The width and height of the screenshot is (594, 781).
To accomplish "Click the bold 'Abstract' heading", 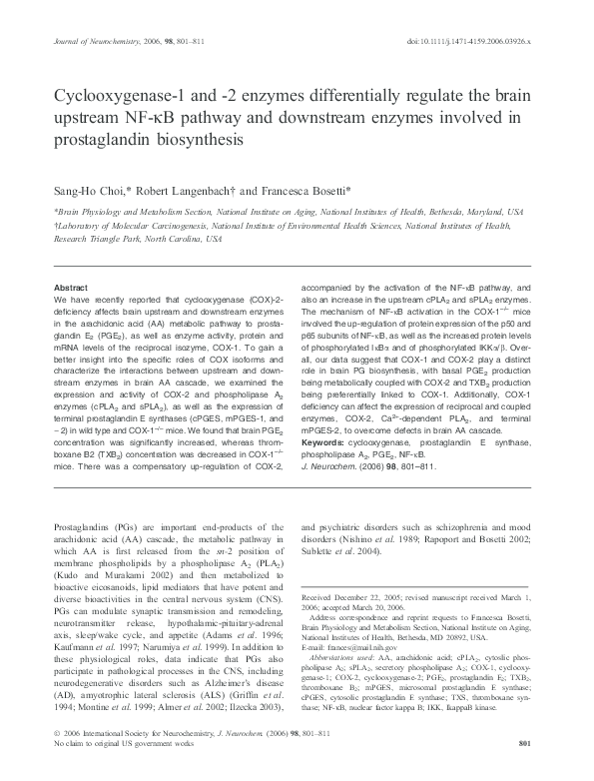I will point(70,286).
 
